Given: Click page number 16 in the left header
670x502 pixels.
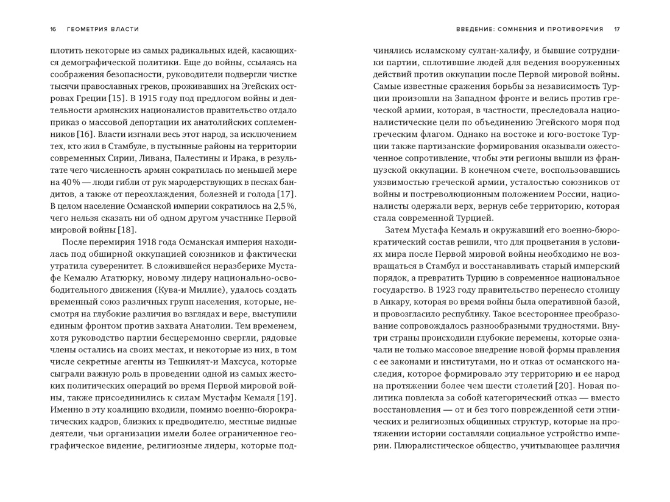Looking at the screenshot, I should [x=53, y=29].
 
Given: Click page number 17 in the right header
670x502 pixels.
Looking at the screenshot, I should [x=616, y=29].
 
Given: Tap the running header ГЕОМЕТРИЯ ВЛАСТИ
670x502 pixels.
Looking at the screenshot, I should [x=103, y=29].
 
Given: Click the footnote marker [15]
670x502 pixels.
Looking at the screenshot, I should [x=116, y=98].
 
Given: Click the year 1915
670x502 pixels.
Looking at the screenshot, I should [x=149, y=98].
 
